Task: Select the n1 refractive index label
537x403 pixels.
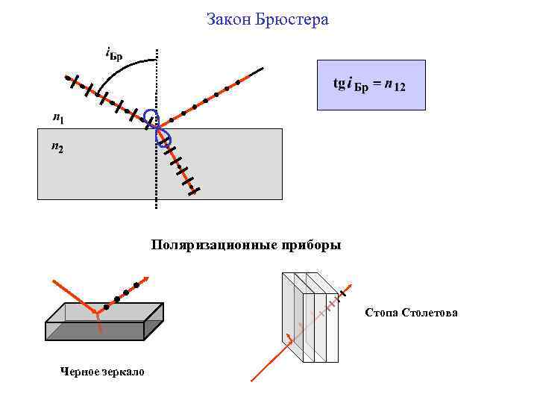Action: coord(57,117)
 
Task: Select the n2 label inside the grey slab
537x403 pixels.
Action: coord(57,148)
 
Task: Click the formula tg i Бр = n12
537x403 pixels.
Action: coord(370,85)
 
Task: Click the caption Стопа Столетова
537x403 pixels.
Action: coord(411,312)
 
